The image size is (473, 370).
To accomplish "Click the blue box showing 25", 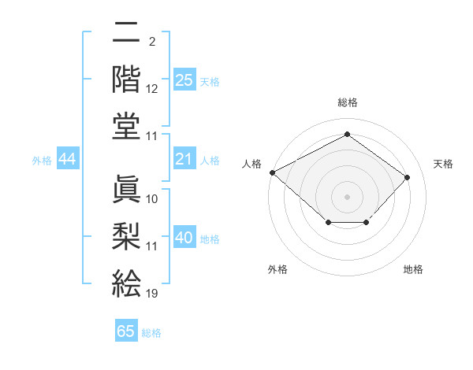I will [x=184, y=80].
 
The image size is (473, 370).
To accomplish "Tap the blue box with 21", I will [x=184, y=160].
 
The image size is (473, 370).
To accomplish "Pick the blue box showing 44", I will [x=67, y=160].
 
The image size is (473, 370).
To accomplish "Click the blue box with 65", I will [x=126, y=331].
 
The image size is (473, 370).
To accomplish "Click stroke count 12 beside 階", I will [x=151, y=90].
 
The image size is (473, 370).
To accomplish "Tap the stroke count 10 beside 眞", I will [x=151, y=198].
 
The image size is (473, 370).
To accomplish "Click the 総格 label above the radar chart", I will [x=347, y=102].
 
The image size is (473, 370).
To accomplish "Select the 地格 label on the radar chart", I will [x=413, y=270].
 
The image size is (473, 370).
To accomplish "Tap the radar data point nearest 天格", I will [x=407, y=177].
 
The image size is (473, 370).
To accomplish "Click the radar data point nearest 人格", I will [x=272, y=172].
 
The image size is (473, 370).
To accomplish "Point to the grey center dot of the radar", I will [x=347, y=196].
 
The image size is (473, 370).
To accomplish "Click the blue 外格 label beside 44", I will [x=42, y=161].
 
